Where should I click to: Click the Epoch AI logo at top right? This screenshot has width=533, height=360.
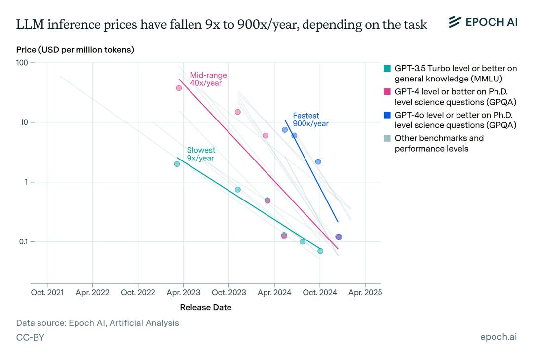click(483, 22)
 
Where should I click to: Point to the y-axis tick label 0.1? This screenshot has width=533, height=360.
click(23, 241)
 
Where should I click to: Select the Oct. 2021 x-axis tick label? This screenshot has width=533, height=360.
click(47, 292)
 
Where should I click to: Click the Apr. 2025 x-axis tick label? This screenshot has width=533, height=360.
click(365, 292)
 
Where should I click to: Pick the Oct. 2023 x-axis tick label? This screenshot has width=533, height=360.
click(228, 292)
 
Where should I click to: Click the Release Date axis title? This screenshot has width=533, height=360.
click(205, 307)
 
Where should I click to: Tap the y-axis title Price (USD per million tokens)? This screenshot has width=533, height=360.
click(75, 50)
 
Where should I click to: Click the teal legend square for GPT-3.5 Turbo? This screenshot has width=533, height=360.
click(387, 69)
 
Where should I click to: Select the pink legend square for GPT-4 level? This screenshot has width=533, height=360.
click(387, 92)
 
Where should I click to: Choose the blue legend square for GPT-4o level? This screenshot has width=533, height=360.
click(387, 115)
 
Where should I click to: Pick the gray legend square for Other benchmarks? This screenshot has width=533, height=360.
click(387, 138)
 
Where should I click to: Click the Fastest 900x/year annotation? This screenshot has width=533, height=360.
click(310, 120)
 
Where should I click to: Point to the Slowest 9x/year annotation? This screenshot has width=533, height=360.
click(201, 154)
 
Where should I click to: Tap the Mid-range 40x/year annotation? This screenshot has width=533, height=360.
click(208, 79)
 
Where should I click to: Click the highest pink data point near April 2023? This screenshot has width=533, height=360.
click(179, 88)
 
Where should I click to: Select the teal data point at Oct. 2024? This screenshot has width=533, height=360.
click(320, 251)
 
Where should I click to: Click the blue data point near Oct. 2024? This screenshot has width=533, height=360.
click(318, 161)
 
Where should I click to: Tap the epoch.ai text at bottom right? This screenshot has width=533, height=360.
click(498, 337)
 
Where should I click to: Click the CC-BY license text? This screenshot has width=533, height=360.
click(30, 337)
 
